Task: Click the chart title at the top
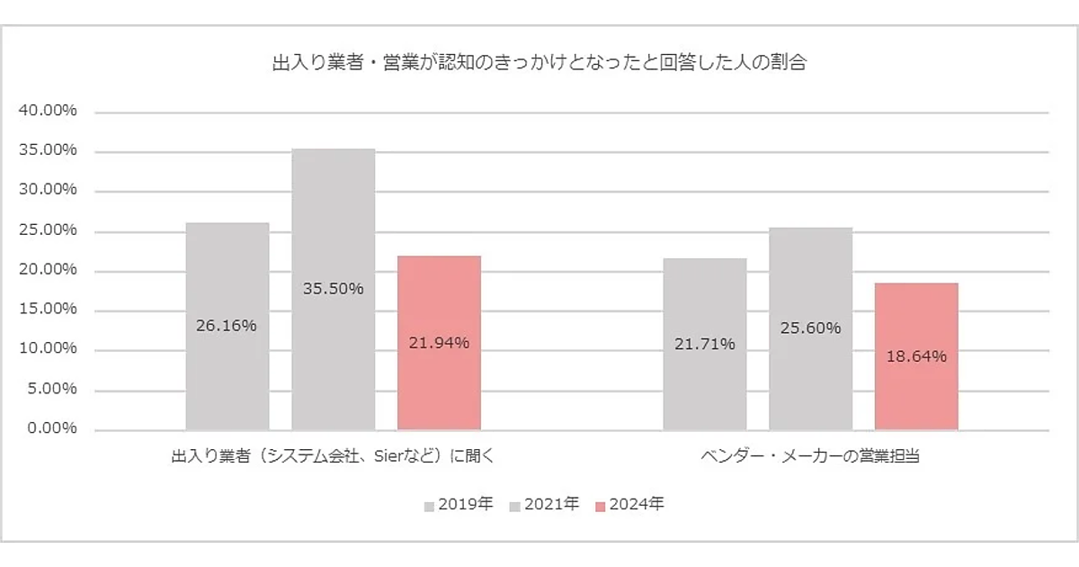click(x=539, y=64)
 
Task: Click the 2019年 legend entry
click(x=459, y=505)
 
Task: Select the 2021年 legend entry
click(x=544, y=505)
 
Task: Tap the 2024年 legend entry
click(x=629, y=505)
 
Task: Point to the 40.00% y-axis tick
click(x=48, y=112)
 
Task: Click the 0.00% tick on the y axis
click(x=51, y=428)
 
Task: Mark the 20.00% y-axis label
click(x=48, y=270)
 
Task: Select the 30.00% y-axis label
click(x=48, y=191)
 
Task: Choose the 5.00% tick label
click(x=51, y=389)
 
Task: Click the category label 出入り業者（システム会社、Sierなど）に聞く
click(x=333, y=456)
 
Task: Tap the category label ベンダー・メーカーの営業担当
click(x=810, y=456)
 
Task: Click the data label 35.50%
click(x=333, y=289)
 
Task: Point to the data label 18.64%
click(x=916, y=356)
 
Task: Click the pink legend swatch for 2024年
click(x=601, y=506)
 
